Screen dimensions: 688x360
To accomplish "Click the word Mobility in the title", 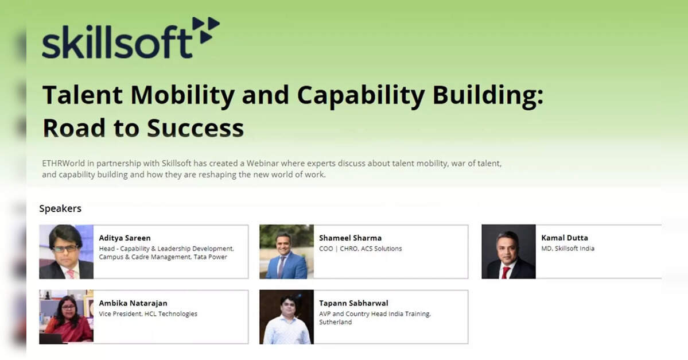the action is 182,96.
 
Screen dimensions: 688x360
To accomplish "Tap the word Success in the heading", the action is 195,128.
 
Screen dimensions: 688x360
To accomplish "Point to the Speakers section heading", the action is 60,208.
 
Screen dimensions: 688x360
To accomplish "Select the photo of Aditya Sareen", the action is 66,251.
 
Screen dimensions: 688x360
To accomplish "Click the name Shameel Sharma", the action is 350,238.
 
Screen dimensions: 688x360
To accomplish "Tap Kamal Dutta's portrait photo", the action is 508,251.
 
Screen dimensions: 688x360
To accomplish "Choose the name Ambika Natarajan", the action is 133,303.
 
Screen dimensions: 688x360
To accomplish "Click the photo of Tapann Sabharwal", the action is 286,316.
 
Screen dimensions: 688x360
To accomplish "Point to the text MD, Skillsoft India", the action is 567,249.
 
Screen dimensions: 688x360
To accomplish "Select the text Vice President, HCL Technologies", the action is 148,314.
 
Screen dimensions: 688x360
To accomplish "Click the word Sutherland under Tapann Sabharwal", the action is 335,322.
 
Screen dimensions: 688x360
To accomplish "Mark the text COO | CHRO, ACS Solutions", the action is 360,249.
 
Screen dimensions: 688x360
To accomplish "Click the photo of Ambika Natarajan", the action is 66,316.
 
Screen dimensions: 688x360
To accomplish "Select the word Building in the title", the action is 488,96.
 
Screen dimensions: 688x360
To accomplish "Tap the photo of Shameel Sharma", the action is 286,251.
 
